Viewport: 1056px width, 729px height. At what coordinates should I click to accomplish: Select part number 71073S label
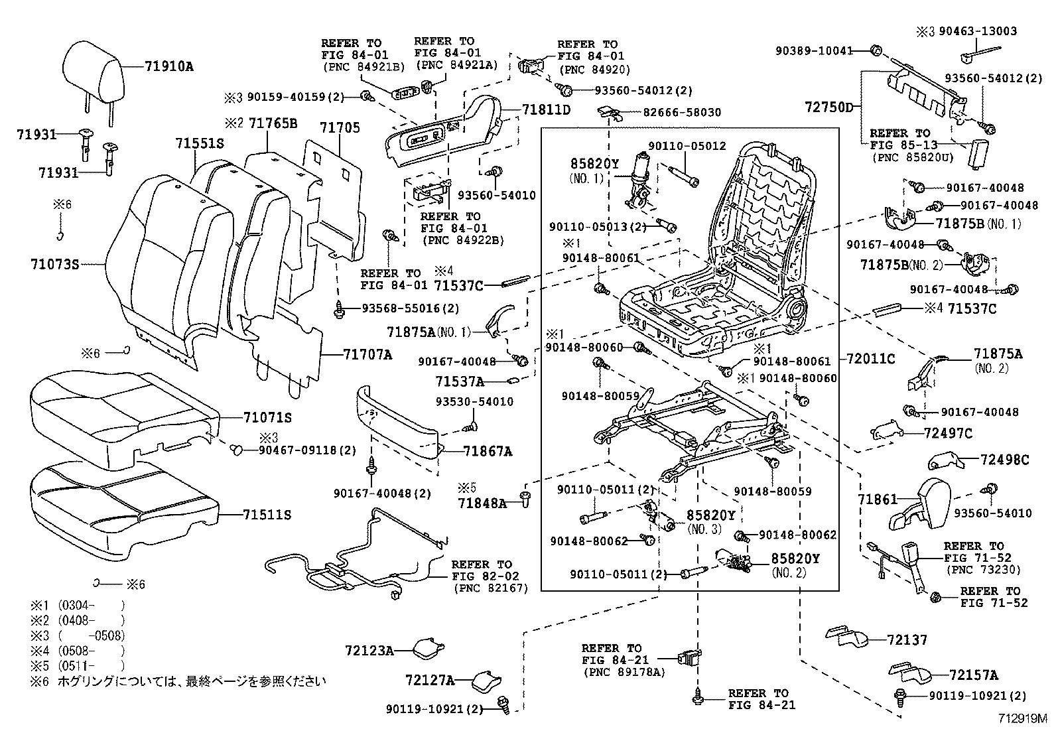(54, 265)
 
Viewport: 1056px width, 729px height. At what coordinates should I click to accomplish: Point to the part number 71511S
(267, 515)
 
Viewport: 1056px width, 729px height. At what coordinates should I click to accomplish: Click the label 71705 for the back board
(340, 127)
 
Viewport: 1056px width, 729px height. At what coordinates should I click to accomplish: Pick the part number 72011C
(870, 359)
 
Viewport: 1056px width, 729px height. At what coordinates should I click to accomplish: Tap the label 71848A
(482, 503)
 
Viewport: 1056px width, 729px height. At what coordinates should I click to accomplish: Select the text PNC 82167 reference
(491, 588)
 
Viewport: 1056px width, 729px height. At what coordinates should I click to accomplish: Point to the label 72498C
(1005, 459)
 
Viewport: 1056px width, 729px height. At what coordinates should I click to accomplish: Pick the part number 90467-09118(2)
(307, 450)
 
